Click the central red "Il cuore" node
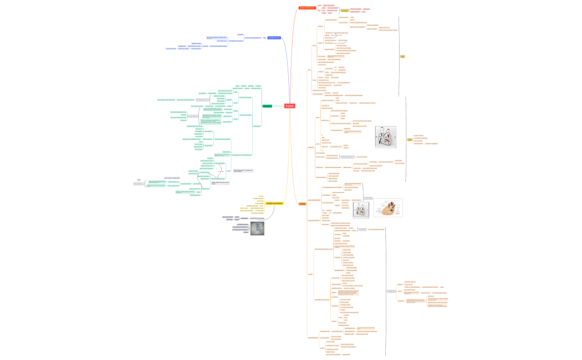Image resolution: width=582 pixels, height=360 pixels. (x=290, y=106)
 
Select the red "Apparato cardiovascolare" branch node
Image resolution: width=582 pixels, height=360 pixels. (x=307, y=8)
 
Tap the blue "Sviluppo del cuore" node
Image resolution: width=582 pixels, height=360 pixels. (x=274, y=38)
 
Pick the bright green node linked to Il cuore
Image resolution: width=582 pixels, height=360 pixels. (x=267, y=106)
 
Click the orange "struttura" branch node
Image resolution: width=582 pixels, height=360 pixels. (x=302, y=204)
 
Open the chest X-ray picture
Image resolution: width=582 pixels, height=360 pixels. (x=257, y=228)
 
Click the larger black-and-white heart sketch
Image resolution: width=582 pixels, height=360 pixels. (x=386, y=137)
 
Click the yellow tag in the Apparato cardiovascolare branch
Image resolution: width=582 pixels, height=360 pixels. (x=345, y=11)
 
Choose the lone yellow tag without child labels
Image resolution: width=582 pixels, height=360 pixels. (x=402, y=56)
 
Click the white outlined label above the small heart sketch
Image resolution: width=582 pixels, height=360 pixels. (x=369, y=198)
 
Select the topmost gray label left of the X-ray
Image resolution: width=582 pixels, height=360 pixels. (x=227, y=217)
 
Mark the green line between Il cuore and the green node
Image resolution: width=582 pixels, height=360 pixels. (x=278, y=106)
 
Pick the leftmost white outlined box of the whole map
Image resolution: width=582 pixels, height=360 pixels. (x=139, y=183)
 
